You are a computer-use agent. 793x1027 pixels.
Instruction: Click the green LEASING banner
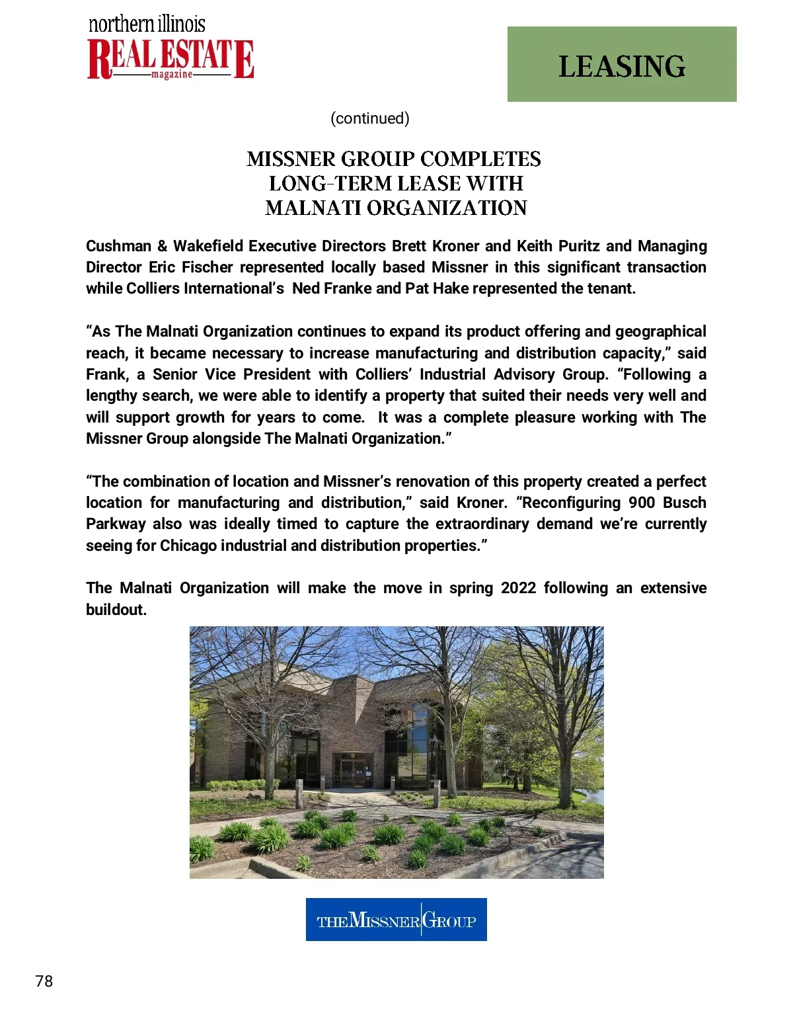(621, 64)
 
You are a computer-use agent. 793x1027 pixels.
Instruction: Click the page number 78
(44, 981)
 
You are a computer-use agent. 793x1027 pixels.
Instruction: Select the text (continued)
(370, 118)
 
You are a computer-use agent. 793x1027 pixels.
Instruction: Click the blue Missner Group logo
(396, 919)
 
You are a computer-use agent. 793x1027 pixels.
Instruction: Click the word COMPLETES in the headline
(480, 159)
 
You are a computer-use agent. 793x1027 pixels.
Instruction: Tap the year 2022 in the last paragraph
(518, 588)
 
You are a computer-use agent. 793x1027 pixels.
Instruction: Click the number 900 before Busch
(642, 503)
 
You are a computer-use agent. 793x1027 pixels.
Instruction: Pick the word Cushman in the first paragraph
(119, 246)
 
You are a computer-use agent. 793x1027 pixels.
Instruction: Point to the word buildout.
(116, 610)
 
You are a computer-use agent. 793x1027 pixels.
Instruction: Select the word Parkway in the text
(116, 524)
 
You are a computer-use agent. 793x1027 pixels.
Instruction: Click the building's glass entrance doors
(352, 771)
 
